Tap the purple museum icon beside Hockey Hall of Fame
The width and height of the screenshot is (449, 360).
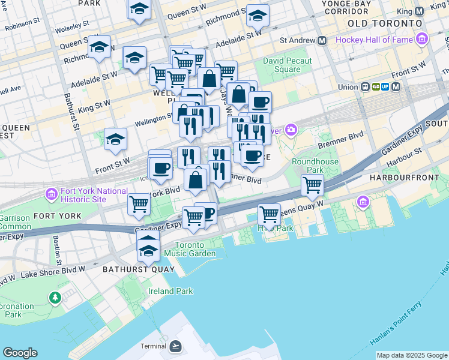[x=423, y=40]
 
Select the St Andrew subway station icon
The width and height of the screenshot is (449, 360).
[x=322, y=41]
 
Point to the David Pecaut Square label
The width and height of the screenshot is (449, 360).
[x=288, y=65]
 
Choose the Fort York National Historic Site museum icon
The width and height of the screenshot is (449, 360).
[x=50, y=194]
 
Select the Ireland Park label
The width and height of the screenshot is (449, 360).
[x=171, y=291]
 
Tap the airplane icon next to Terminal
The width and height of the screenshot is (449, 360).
[x=175, y=346]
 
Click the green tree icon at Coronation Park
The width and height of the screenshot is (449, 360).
[x=55, y=297]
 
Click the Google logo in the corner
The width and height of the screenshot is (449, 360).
[x=20, y=353]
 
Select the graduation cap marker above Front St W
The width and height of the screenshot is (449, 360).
[x=115, y=140]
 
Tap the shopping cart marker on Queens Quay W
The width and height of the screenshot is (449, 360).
[x=270, y=214]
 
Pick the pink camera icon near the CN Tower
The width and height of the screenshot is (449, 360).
[x=292, y=130]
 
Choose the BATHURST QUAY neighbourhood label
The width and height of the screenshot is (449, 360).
[x=137, y=269]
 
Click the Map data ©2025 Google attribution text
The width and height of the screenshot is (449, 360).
[x=412, y=355]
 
